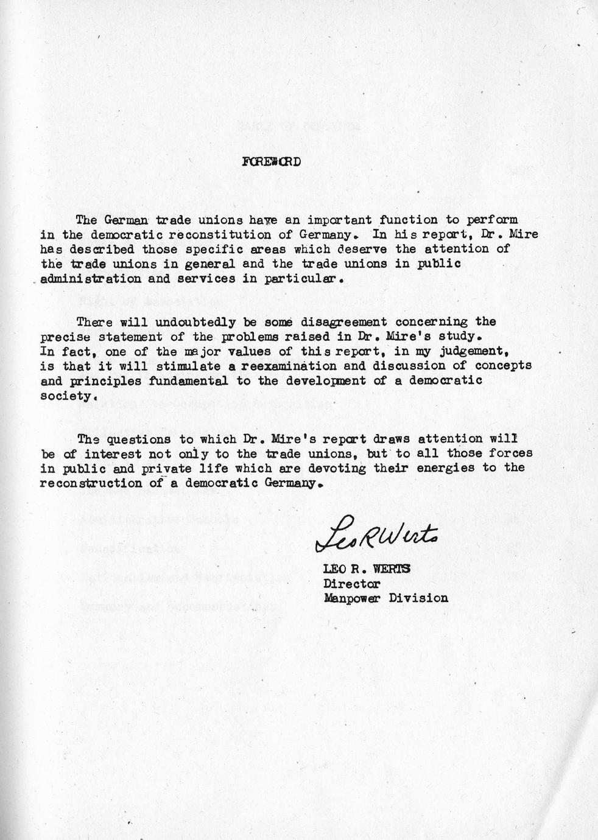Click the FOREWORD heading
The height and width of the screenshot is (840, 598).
click(x=270, y=162)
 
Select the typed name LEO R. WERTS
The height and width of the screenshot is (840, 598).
click(x=367, y=569)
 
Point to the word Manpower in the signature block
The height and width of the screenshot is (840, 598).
click(x=353, y=598)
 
